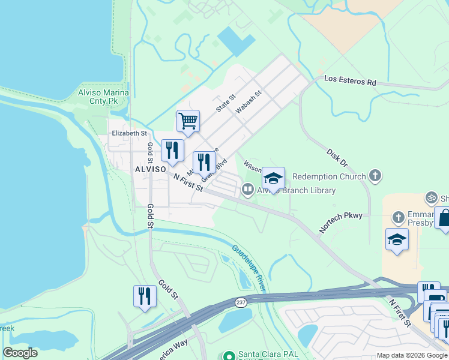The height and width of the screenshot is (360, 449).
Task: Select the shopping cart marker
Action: click(x=188, y=122)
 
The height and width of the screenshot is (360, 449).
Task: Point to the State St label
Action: click(x=226, y=103)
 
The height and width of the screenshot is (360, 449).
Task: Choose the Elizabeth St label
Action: click(x=129, y=133)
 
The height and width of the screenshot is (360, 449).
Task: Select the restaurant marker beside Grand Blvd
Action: click(x=204, y=162)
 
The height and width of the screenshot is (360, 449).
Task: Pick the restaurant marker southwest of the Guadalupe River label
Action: click(x=145, y=296)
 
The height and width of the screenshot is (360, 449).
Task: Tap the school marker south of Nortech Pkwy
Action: click(x=397, y=240)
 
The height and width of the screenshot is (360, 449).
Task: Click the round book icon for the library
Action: click(x=247, y=190)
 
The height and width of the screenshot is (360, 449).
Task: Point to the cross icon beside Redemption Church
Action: click(x=375, y=176)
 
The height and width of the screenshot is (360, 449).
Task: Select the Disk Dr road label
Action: click(x=337, y=158)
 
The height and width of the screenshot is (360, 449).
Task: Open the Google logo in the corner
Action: click(x=20, y=353)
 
